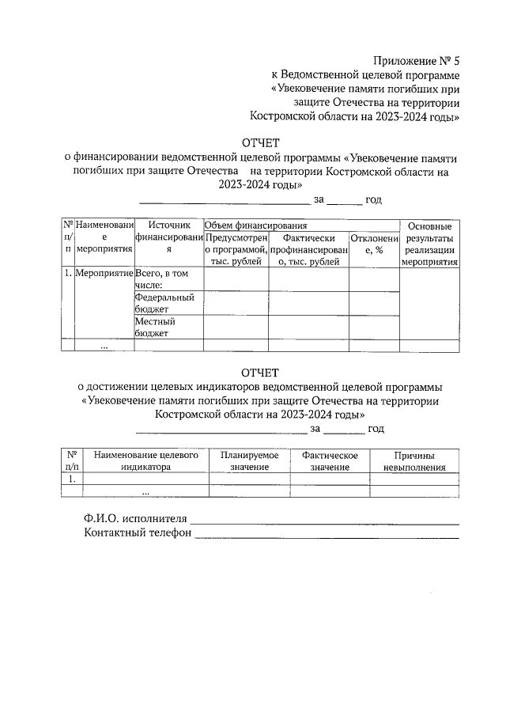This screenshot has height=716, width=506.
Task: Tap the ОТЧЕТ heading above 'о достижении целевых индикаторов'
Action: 260,372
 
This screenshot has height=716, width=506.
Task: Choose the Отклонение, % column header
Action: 374,244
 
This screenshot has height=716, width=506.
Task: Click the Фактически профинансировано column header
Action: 308,249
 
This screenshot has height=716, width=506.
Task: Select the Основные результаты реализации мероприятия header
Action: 430,244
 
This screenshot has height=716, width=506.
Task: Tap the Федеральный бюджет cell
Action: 164,304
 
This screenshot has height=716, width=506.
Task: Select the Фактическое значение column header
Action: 330,461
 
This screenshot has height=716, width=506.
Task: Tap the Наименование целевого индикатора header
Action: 145,461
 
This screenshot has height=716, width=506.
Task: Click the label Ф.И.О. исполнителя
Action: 135,519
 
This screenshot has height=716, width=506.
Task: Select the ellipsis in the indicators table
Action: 145,491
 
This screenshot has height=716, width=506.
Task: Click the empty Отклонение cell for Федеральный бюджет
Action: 374,304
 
